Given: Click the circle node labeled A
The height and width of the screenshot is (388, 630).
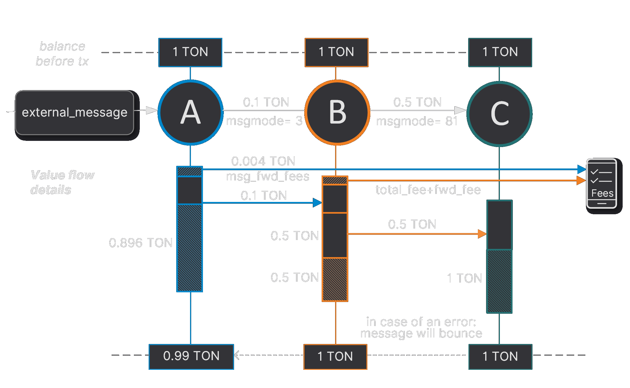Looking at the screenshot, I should click(x=190, y=112).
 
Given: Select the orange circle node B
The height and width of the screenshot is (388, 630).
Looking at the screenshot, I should click(x=337, y=112).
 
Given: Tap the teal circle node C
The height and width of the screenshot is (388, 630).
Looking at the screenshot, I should click(x=499, y=114).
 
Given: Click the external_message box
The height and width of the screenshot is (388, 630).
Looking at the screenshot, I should click(x=75, y=113).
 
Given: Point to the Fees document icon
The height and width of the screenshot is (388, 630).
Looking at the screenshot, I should click(x=601, y=183).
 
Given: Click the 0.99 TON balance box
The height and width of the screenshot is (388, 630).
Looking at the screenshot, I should click(x=191, y=356).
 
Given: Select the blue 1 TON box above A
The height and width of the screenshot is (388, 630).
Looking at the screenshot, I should click(x=190, y=52).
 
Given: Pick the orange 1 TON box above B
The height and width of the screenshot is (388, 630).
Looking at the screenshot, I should click(x=336, y=52).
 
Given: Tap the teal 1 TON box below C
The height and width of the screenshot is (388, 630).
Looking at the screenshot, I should click(x=500, y=357).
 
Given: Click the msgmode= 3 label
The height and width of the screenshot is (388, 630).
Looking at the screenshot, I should click(x=264, y=121).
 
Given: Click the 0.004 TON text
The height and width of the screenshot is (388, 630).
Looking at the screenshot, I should click(x=263, y=161).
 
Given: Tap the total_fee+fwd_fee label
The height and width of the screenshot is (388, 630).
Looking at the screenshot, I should click(x=428, y=190).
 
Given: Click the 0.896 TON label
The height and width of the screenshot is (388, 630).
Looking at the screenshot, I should click(x=141, y=243).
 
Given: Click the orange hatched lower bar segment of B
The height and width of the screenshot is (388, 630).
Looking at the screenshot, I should click(x=335, y=279).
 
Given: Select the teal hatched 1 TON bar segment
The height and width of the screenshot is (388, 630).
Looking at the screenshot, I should click(x=499, y=281).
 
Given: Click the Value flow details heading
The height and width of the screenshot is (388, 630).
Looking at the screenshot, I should click(x=62, y=182).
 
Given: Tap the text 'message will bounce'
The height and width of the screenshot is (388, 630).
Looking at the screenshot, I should click(x=421, y=334).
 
